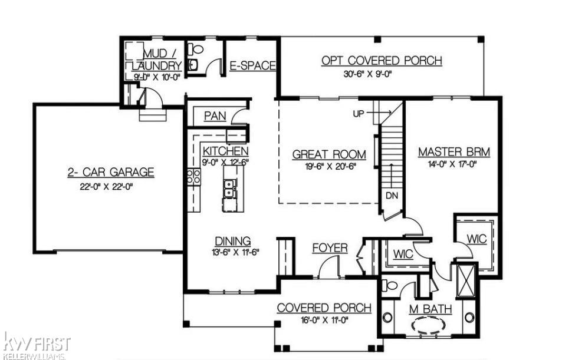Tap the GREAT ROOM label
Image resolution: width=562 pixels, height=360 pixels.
pos(329,154)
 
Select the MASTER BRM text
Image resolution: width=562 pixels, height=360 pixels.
pos(453,152)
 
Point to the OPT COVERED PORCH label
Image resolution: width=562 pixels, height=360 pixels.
pos(382,61)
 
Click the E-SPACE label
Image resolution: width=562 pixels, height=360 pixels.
pos(252,66)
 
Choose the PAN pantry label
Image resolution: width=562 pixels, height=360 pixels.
pos(215,116)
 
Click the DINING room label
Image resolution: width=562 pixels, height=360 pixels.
pos(232,241)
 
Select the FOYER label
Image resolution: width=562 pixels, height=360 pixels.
pos(330,248)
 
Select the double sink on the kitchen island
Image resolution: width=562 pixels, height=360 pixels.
pos(229,188)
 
